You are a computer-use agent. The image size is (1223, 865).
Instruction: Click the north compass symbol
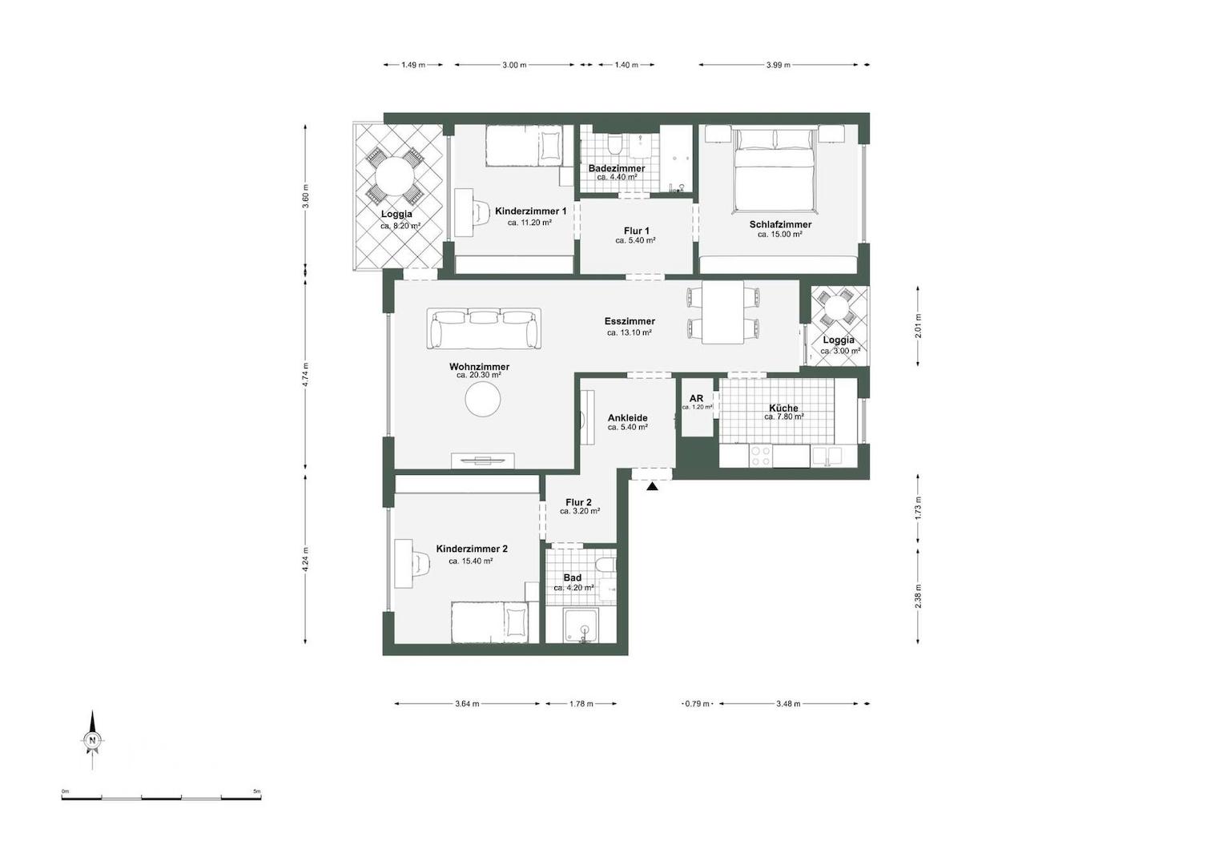[x=93, y=740]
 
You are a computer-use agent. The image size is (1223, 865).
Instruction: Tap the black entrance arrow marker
[x=653, y=485]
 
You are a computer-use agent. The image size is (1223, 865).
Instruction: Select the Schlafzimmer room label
[x=780, y=224]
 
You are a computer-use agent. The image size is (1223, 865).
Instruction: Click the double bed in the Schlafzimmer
[x=775, y=170]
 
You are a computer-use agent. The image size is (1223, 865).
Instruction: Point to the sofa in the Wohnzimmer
[x=483, y=328]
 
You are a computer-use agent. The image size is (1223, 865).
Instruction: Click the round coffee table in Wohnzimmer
[x=484, y=399]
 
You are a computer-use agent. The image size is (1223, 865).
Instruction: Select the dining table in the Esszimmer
[x=722, y=312]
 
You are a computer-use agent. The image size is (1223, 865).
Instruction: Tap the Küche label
[x=782, y=408]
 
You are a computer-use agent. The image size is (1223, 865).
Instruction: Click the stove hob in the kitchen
[x=760, y=456]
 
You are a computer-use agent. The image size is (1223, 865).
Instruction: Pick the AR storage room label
[x=696, y=398]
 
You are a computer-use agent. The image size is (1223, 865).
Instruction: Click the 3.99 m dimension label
[x=777, y=65]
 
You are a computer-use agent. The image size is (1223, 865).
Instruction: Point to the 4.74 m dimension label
[x=305, y=375]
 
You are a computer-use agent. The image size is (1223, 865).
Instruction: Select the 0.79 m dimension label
[x=697, y=704]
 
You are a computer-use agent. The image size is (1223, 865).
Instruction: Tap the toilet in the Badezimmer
[x=615, y=144]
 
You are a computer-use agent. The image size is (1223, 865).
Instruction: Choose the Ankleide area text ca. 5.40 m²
[x=627, y=428]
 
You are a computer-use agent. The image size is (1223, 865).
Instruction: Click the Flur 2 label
[x=578, y=502]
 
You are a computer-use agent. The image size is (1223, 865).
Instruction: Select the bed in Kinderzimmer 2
[x=490, y=622]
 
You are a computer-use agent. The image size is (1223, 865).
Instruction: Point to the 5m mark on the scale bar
[x=257, y=791]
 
